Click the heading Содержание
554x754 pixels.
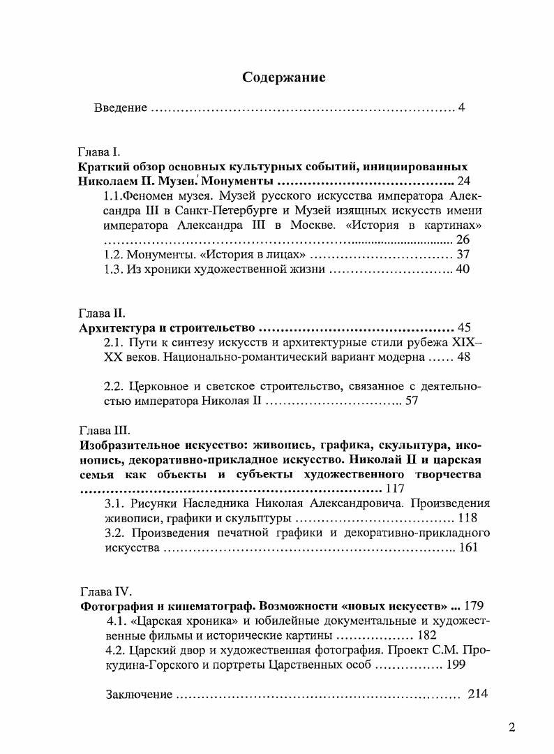click(283, 77)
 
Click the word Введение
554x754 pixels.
click(121, 108)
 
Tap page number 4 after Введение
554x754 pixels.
click(462, 108)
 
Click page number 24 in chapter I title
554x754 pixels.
click(465, 182)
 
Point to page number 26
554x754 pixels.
click(463, 240)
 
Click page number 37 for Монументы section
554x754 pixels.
click(463, 255)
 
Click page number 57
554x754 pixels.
click(412, 401)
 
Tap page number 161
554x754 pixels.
click(468, 548)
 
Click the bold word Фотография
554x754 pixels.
click(116, 605)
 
